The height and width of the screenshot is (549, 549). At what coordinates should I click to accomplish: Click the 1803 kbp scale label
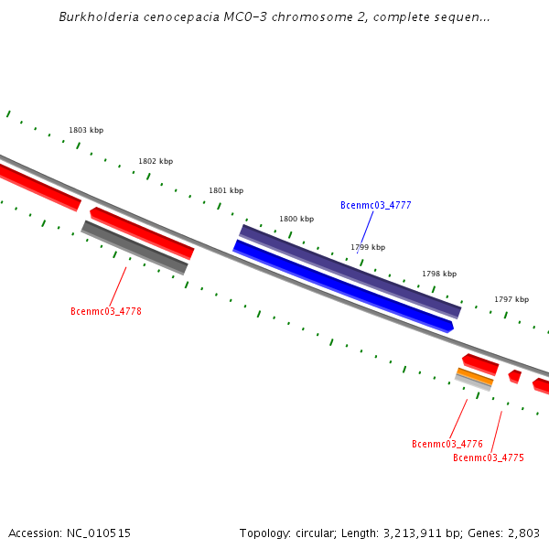pos(86,131)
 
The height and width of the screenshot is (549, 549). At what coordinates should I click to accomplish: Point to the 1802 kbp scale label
pos(156,161)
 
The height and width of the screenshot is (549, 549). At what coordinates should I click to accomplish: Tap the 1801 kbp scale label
pos(226,190)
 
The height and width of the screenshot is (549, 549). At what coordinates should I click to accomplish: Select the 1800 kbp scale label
pos(296,219)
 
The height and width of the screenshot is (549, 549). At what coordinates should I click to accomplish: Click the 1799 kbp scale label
pos(368,247)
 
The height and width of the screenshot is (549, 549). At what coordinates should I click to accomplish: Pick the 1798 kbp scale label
pos(439,274)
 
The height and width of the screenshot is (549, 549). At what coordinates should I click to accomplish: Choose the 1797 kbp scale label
pos(511,299)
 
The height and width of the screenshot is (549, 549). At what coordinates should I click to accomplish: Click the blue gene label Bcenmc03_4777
pos(375,205)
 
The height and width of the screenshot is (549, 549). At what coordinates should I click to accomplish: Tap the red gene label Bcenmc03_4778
pos(106,311)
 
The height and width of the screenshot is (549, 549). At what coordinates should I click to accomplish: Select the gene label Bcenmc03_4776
pos(447,444)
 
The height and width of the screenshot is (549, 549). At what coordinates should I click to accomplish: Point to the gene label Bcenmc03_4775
pos(489,457)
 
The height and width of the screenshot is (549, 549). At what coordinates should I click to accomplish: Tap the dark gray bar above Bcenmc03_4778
pos(135,247)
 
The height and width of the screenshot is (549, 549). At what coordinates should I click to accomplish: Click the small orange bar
pos(475,376)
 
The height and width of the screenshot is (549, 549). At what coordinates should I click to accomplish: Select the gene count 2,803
pos(522,533)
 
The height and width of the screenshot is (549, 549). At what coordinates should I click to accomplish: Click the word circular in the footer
pos(313,533)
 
